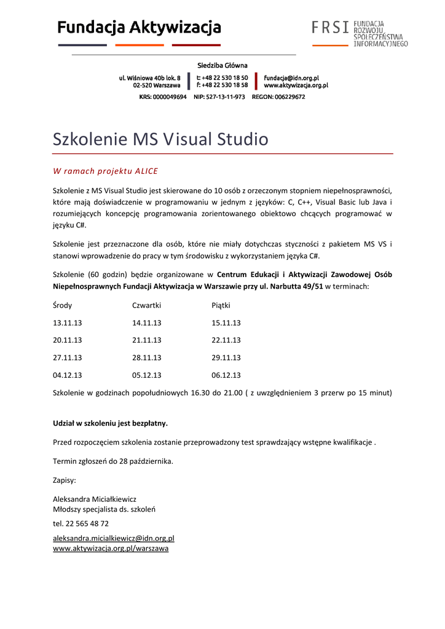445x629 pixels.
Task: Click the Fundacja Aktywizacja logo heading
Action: (x=140, y=28)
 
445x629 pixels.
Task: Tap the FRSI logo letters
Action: (x=330, y=28)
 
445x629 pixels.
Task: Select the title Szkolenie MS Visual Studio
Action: (x=160, y=139)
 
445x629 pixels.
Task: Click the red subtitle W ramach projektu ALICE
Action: (x=105, y=171)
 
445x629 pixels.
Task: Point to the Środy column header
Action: (x=62, y=305)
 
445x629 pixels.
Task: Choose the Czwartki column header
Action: (x=146, y=305)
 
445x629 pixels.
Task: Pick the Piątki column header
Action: (x=221, y=305)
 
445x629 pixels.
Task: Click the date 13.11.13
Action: (x=67, y=322)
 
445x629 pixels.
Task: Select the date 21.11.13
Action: (x=146, y=340)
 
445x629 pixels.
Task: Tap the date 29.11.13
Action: (x=226, y=357)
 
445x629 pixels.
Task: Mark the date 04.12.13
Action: (x=67, y=375)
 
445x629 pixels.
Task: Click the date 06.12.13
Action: (x=226, y=375)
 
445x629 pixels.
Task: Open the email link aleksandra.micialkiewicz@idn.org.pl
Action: (x=114, y=538)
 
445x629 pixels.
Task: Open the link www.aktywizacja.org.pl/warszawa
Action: (x=111, y=548)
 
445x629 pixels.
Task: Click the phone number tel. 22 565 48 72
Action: (x=81, y=523)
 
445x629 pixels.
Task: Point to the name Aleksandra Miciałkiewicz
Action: (x=95, y=499)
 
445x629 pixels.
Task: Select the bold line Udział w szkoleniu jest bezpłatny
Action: (x=111, y=423)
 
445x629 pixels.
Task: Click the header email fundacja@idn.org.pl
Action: (x=291, y=78)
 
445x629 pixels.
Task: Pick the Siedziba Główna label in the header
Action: (x=222, y=65)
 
